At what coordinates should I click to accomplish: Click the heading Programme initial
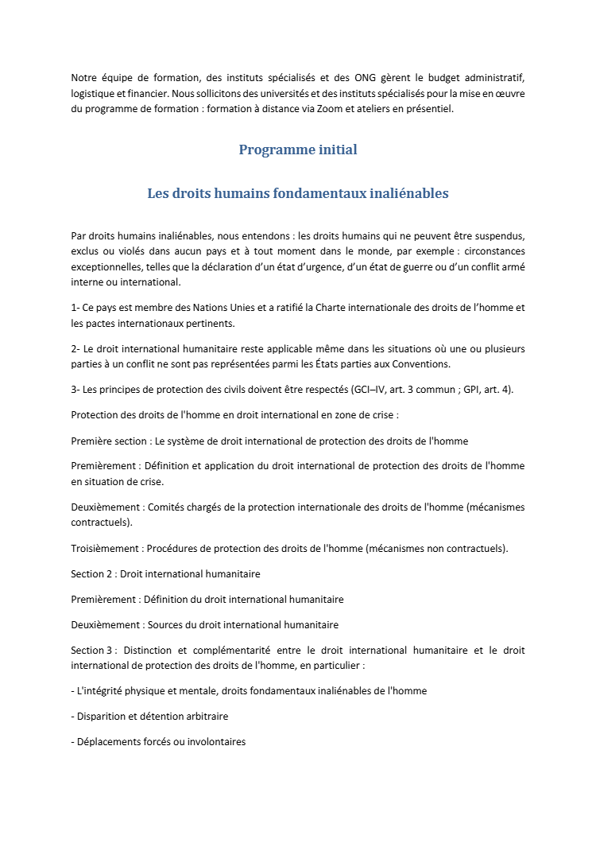point(298,150)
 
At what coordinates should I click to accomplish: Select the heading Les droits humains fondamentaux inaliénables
point(298,193)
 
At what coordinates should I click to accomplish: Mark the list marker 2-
point(76,349)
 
